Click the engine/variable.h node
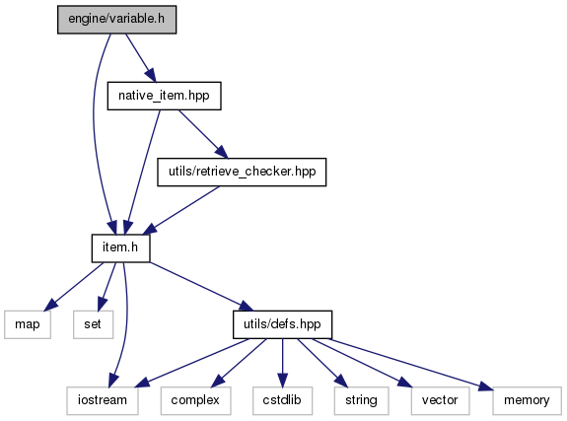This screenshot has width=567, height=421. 116,20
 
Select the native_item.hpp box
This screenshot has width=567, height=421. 164,96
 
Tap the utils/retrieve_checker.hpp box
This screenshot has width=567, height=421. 242,173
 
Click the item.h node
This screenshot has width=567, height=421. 120,248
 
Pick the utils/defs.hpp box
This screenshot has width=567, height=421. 282,324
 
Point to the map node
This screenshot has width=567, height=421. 28,324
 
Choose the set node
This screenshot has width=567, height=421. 93,324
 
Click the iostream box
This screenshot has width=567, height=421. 103,400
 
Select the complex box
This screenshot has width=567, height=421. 195,400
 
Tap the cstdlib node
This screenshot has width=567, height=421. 282,400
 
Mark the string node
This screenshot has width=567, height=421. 362,400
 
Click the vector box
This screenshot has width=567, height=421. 441,400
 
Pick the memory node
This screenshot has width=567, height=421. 527,400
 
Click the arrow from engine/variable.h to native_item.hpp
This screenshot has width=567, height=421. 141,58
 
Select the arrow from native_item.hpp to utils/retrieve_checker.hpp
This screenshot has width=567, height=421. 203,134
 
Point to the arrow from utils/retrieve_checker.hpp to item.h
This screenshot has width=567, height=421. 181,210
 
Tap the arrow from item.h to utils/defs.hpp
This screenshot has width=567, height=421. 202,287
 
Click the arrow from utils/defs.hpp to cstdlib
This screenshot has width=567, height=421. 282,363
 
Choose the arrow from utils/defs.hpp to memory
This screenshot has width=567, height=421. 410,365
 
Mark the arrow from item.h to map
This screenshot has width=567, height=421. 74,287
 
